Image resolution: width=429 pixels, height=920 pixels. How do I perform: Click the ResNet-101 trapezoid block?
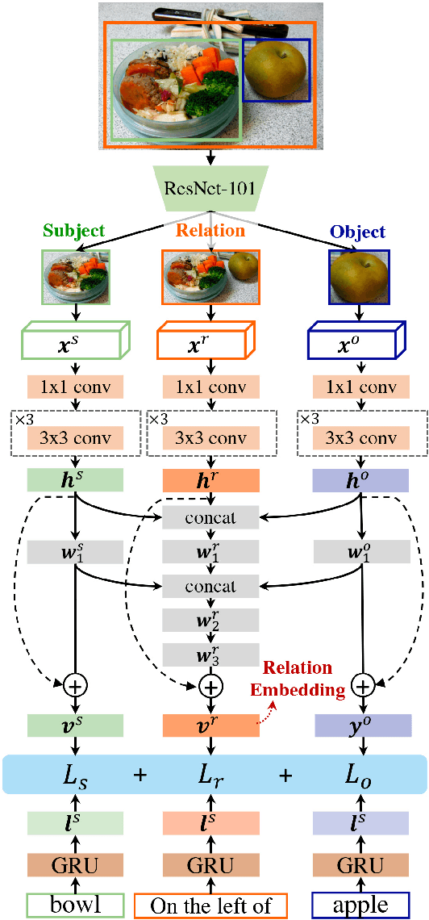tap(210, 189)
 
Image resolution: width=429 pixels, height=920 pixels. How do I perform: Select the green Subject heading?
tap(74, 231)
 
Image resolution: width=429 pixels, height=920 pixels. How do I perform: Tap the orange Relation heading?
tap(210, 231)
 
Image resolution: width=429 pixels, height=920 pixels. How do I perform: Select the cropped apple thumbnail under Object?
tap(359, 277)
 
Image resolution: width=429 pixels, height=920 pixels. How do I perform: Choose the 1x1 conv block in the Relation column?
tap(210, 387)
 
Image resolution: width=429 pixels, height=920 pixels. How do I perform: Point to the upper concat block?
tap(210, 517)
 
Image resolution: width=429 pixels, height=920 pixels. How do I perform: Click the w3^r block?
tap(210, 654)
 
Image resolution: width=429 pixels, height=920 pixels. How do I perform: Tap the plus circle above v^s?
tap(75, 687)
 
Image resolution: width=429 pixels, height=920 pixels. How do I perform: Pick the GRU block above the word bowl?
tap(75, 867)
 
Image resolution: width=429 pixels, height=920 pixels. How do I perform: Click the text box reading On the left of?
tap(210, 905)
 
